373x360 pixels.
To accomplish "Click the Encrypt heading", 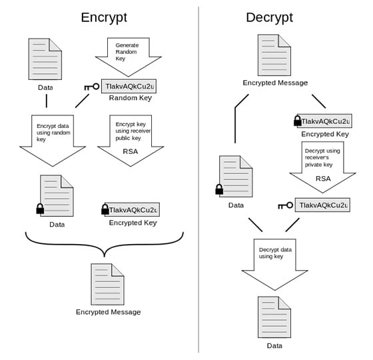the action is pos(104,17).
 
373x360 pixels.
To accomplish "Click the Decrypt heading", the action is pos(270,17).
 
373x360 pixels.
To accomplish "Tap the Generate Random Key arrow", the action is pos(128,57).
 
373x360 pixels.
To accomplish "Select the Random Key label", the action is pos(131,98).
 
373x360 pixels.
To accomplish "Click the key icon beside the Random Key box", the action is pos(92,87).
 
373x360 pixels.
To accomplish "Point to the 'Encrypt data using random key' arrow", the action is pos(53,141).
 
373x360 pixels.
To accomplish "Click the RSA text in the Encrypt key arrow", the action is pos(131,151).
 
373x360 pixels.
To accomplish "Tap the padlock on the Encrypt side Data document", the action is pos(40,209).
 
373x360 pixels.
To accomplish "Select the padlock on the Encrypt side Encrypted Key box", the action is pos(105,209).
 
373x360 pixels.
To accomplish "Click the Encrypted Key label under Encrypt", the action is pos(133,223).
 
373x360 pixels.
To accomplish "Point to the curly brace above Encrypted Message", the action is pos(104,244).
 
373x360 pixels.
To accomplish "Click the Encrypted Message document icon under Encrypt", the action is pos(107,284).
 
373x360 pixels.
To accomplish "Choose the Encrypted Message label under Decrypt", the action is pos(275,83).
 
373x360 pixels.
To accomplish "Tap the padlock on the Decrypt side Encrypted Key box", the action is pos(297,121).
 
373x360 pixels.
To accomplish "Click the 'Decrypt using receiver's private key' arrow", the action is pos(322,167).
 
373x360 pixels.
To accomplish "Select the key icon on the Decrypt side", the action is pos(286,205).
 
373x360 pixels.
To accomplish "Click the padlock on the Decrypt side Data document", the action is pos(219,189).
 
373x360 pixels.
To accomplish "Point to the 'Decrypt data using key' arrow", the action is pos(274,265).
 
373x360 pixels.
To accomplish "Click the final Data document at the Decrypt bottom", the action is pos(274,317).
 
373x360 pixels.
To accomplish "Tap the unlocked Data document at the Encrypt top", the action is pos(45,59).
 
